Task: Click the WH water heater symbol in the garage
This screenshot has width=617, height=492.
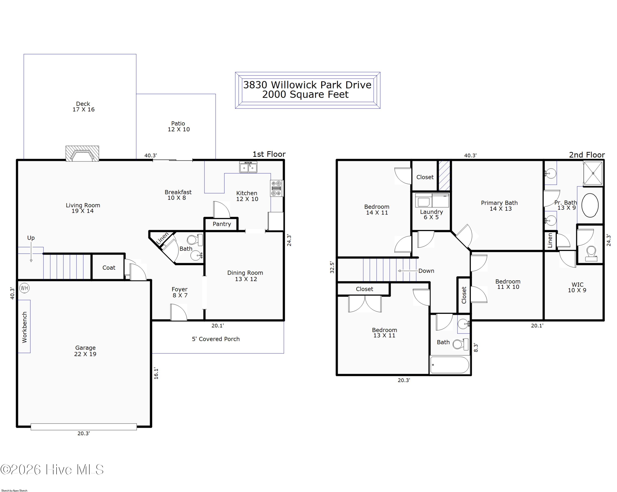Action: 24,288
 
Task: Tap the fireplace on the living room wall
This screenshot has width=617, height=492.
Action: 82,154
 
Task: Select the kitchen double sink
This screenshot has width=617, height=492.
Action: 248,167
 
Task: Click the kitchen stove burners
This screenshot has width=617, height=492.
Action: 276,188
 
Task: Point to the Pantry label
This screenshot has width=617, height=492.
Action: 222,224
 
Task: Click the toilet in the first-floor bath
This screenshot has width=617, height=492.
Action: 195,240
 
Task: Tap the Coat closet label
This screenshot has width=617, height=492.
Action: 109,268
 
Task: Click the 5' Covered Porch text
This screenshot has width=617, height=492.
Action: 216,339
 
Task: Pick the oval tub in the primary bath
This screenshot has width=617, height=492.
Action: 590,205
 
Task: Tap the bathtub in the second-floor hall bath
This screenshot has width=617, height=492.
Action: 450,365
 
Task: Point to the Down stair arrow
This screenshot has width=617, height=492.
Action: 407,271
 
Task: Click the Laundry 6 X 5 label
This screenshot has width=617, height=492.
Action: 431,214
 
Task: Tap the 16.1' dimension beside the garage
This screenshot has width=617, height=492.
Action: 156,373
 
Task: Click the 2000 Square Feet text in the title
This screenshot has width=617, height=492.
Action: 305,94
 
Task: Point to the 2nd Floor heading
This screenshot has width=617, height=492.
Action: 587,155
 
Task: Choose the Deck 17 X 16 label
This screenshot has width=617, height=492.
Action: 83,107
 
